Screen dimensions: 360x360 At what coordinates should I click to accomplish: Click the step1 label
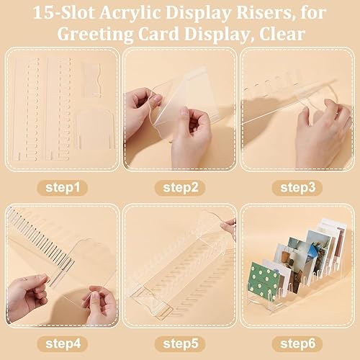coord(63,188)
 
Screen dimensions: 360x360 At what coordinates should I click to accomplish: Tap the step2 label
coord(180,188)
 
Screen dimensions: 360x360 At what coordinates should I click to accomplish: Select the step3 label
coord(297,188)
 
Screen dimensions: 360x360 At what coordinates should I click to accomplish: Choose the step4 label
coord(63,343)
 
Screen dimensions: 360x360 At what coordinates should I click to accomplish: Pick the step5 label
coord(180,343)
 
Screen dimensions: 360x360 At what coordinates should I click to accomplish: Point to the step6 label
coord(297,343)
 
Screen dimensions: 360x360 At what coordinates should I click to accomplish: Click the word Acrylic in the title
coord(130,13)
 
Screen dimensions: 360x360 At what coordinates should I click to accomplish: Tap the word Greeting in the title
coord(95,35)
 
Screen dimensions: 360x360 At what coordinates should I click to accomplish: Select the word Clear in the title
coord(282,34)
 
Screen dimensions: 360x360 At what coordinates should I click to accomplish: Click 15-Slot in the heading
coord(63,12)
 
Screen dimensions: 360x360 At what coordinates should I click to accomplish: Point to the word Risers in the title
coord(264,12)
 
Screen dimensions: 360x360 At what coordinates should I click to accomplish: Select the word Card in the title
coord(158,34)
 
